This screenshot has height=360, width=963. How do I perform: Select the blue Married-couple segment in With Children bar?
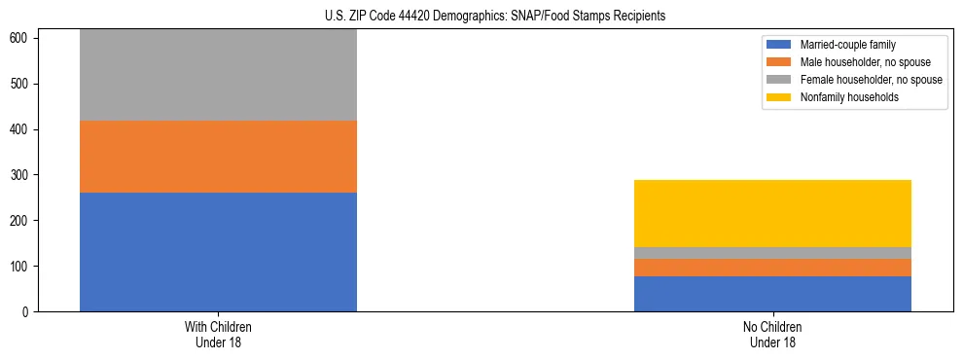[x=218, y=252]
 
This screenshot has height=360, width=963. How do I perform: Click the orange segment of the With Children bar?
[x=218, y=157]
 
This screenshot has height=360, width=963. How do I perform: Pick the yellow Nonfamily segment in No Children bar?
[x=772, y=213]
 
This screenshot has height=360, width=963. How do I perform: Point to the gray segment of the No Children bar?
[x=772, y=253]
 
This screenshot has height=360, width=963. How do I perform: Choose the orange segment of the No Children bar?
[x=772, y=268]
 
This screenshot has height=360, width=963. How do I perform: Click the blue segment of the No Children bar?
[x=772, y=294]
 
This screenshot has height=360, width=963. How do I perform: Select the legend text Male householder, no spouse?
[x=864, y=62]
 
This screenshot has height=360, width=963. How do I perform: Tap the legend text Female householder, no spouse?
[x=871, y=80]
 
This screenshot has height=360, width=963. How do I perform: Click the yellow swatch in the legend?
[x=779, y=97]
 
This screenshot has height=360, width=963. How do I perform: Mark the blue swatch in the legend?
[x=779, y=45]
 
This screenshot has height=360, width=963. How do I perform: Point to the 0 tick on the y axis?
[x=29, y=312]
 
